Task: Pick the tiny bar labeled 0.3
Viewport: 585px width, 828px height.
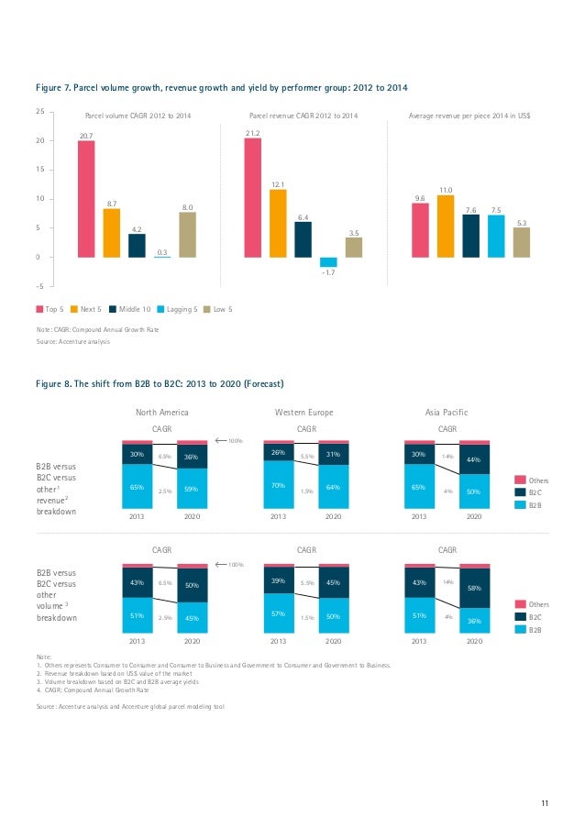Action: (x=161, y=258)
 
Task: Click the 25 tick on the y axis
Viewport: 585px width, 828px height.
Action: (x=39, y=111)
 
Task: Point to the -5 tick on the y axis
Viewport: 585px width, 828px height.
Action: (x=39, y=286)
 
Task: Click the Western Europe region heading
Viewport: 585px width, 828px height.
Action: (x=304, y=412)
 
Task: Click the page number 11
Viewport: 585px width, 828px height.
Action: (x=544, y=804)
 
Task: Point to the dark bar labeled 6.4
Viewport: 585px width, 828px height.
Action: (x=303, y=239)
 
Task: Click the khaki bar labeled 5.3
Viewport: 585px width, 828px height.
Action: (x=521, y=242)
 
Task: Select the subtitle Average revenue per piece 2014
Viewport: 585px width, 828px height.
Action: (x=470, y=116)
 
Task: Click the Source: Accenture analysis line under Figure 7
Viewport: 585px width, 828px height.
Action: (x=72, y=342)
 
